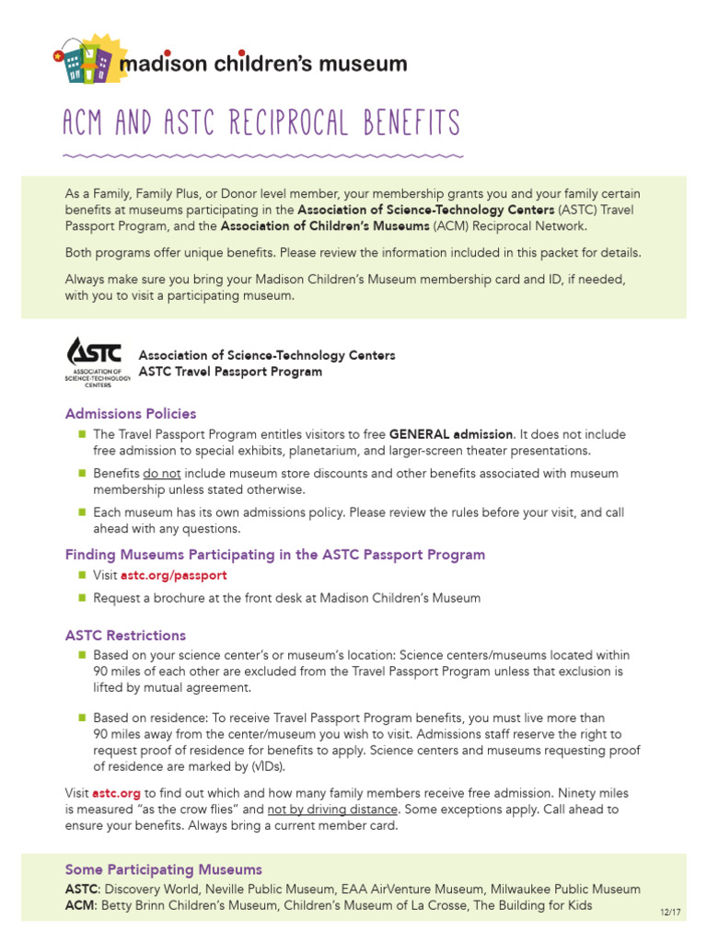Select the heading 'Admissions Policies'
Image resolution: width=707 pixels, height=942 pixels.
pos(130,414)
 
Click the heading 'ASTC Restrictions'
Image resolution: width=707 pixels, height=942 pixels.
pos(125,636)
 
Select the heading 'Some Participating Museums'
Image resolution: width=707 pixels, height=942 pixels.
pos(163,869)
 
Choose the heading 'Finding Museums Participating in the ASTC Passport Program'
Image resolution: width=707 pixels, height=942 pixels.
pos(274,555)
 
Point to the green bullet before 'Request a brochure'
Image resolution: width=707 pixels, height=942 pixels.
pos(82,598)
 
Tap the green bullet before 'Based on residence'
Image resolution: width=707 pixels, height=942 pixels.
pos(82,717)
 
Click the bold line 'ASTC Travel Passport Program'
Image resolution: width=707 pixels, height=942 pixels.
pos(230,372)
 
